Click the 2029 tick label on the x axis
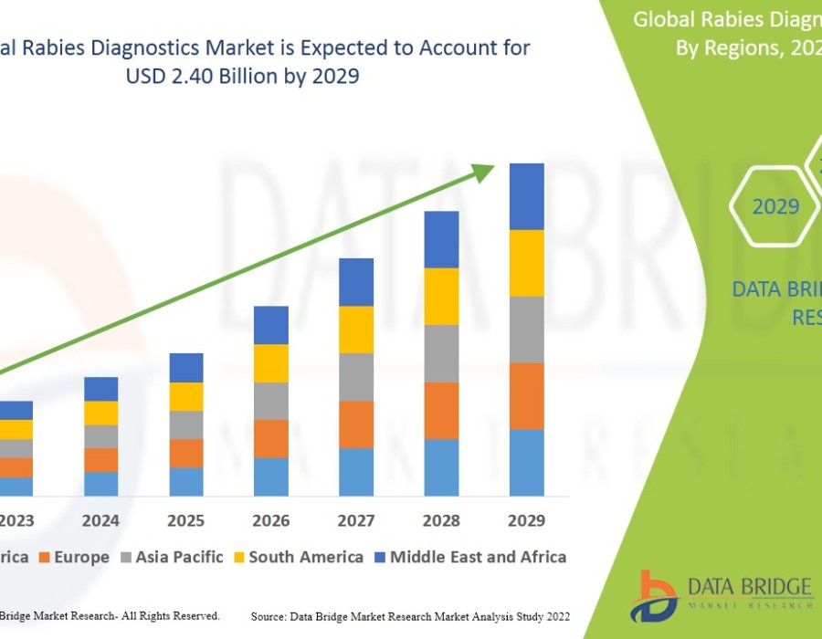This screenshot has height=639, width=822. tap(526, 521)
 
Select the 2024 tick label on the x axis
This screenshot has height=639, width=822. tap(100, 521)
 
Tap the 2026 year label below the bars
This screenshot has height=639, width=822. tap(271, 521)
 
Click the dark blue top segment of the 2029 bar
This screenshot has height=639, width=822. tap(526, 196)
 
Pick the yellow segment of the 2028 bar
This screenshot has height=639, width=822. tap(441, 296)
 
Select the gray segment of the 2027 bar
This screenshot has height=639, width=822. tap(356, 377)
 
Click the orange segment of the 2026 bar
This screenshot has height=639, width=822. tap(271, 438)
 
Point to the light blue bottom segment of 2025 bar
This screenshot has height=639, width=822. tap(186, 481)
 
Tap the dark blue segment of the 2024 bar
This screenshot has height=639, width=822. tap(100, 389)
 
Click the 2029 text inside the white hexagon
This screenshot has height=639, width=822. tap(775, 207)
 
